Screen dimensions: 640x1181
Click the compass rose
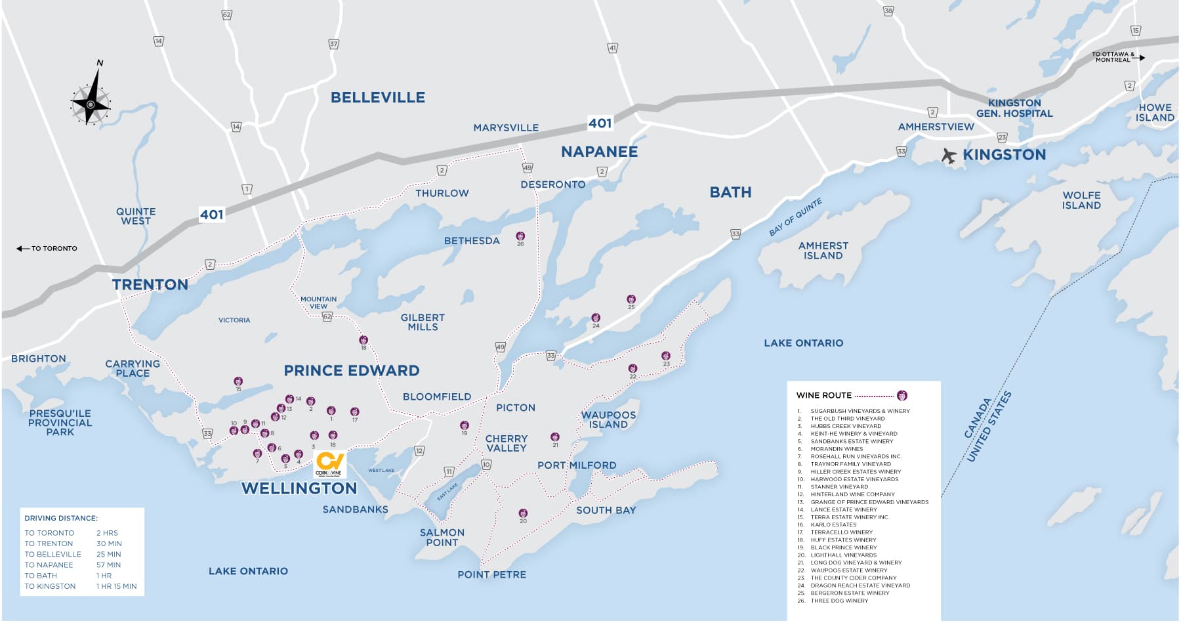coord(91,104)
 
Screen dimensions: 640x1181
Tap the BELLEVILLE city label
coord(377,98)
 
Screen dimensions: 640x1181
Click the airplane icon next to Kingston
coord(949,156)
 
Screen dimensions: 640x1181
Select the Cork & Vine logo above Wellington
coord(329,463)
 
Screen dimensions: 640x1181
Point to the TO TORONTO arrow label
coord(47,249)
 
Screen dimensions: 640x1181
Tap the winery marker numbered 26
coord(520,236)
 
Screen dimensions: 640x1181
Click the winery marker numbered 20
coord(523,513)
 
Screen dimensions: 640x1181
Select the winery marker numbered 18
coord(363,340)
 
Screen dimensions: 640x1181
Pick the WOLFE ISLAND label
coord(1081,200)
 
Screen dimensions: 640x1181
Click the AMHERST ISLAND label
coord(823,251)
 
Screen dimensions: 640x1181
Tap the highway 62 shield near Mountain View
coord(327,316)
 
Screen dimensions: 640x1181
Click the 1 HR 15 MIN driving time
coord(116,586)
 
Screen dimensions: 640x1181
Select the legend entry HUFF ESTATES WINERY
coord(843,540)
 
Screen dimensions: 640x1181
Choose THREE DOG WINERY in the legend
coord(839,601)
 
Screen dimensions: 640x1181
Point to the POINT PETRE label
coord(491,574)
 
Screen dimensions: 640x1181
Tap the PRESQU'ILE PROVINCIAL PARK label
coord(60,423)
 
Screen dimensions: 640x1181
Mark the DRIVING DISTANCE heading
coord(61,519)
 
